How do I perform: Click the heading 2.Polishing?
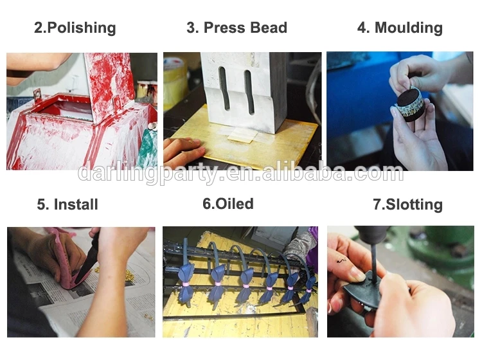[x=75, y=28]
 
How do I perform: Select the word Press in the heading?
[x=224, y=28]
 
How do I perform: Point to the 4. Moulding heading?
[x=400, y=28]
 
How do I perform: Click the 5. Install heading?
[x=67, y=204]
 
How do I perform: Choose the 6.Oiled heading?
[x=228, y=204]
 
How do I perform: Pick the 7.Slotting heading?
[x=407, y=204]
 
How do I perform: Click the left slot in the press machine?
[x=225, y=89]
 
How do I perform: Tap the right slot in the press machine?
[x=249, y=92]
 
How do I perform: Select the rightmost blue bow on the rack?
[x=309, y=289]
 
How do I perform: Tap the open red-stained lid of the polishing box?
[x=109, y=86]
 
